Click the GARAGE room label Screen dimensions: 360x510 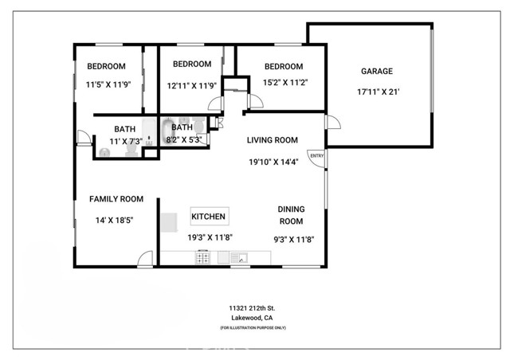click(x=376, y=72)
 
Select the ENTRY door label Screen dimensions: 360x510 click(x=316, y=156)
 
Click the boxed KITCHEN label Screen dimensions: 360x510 click(x=210, y=217)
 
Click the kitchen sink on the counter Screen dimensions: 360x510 click(x=238, y=257)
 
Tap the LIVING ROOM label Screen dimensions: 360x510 click(x=272, y=140)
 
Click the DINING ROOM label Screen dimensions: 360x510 click(x=291, y=215)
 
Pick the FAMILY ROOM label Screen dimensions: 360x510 click(x=116, y=199)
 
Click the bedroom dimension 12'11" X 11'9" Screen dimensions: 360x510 click(x=192, y=85)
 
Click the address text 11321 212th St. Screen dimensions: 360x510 click(x=251, y=307)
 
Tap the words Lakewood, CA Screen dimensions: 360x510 click(x=251, y=318)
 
